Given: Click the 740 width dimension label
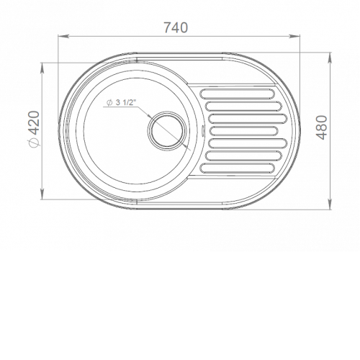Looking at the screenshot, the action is click(x=176, y=27).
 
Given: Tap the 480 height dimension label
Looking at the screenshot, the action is click(x=322, y=127).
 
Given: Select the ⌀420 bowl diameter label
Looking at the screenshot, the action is click(x=34, y=128).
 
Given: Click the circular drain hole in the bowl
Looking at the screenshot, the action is click(x=167, y=129).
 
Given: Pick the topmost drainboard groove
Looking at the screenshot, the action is click(x=237, y=94).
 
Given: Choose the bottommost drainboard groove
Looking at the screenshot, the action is click(x=237, y=168).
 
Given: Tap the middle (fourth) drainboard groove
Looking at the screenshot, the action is click(x=243, y=130).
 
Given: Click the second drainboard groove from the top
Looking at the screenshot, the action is click(x=243, y=106).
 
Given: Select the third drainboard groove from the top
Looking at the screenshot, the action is click(x=248, y=118).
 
